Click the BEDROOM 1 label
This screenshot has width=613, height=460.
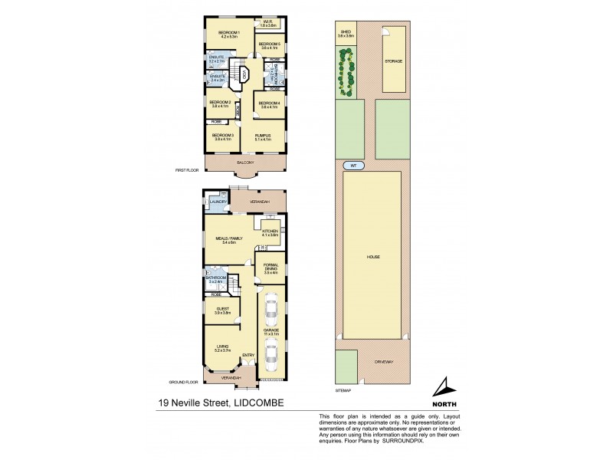229,31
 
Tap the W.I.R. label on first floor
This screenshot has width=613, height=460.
270,21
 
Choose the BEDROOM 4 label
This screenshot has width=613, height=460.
269,103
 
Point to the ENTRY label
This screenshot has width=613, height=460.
247,355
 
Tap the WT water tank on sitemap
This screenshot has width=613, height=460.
353,166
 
